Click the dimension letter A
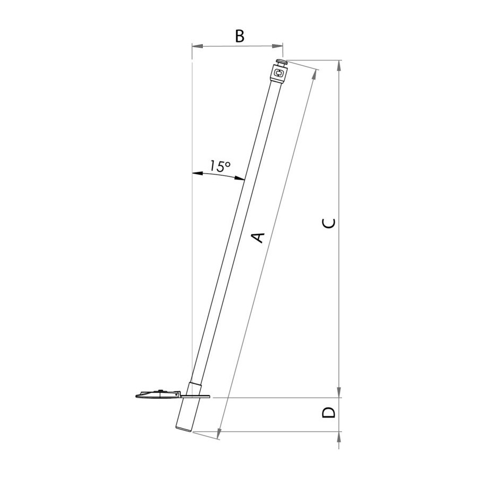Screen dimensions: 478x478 259,237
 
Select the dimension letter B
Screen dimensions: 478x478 240,36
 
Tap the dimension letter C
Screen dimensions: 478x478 329,223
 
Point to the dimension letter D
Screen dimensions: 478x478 329,413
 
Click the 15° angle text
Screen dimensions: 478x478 220,166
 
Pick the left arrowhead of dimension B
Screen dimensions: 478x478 198,46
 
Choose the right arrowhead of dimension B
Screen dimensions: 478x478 277,46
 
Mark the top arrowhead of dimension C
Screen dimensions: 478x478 339,66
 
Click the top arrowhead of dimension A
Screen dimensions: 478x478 315,75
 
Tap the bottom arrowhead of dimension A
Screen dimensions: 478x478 219,433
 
